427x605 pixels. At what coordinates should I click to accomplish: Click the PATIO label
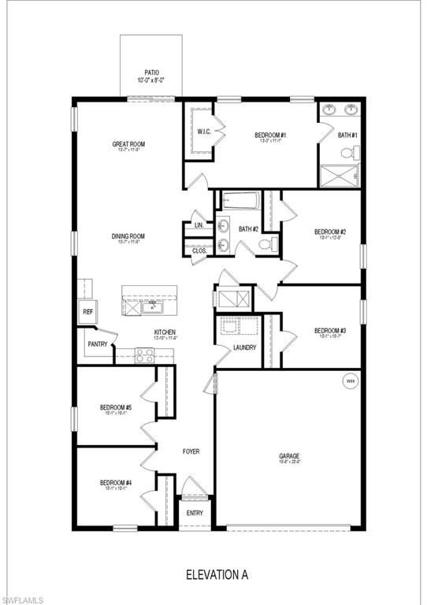coord(151,72)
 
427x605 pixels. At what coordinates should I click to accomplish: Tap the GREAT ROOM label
coord(126,144)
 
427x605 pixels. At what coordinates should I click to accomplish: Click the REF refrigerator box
coord(87,312)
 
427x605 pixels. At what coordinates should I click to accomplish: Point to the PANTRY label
coord(98,343)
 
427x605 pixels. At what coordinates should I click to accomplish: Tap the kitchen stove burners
coord(144,355)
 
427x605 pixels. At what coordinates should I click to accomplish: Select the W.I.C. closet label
coord(202,132)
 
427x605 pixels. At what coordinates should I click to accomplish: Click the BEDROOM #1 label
coord(269,135)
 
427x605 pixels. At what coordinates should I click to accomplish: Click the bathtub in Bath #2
coord(243,201)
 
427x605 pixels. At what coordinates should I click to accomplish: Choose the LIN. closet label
coord(199,225)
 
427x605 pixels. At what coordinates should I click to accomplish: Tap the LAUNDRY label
coord(244,347)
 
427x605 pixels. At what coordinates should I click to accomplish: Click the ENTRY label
coord(195,513)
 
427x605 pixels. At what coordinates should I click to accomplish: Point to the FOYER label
coord(191,451)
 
